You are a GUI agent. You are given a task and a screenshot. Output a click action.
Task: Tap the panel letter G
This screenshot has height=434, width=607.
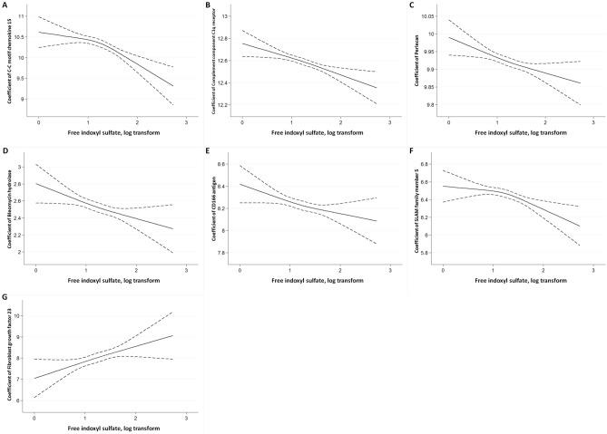click(x=5, y=295)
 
